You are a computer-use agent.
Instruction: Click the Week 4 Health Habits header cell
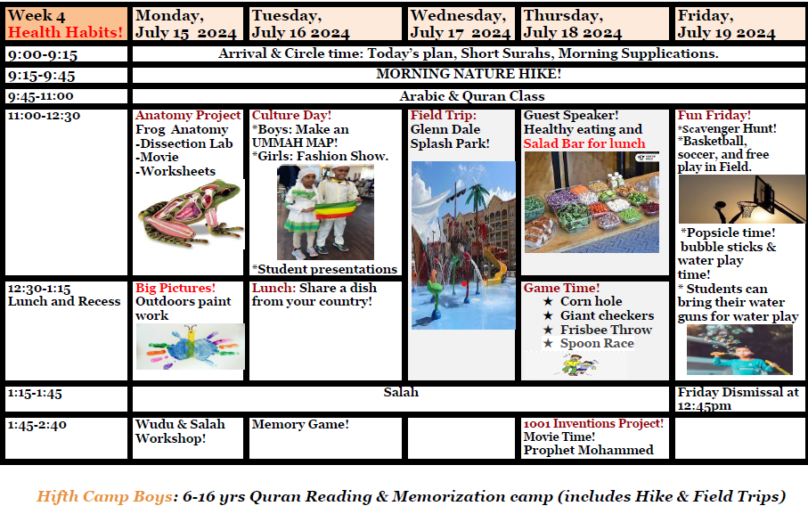point(66,24)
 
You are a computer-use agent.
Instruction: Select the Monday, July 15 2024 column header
point(187,24)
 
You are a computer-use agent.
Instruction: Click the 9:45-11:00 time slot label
point(41,96)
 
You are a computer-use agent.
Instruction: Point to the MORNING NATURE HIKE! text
point(469,74)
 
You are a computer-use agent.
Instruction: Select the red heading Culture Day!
point(291,116)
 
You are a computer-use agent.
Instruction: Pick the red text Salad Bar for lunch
point(584,143)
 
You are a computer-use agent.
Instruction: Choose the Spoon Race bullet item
point(597,343)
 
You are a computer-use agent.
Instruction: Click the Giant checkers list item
point(607,315)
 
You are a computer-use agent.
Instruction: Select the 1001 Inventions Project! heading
point(593,424)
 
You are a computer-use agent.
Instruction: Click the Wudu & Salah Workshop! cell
point(180,431)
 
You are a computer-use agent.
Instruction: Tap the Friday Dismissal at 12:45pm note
point(738,398)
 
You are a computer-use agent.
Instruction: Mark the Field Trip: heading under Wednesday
point(444,116)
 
